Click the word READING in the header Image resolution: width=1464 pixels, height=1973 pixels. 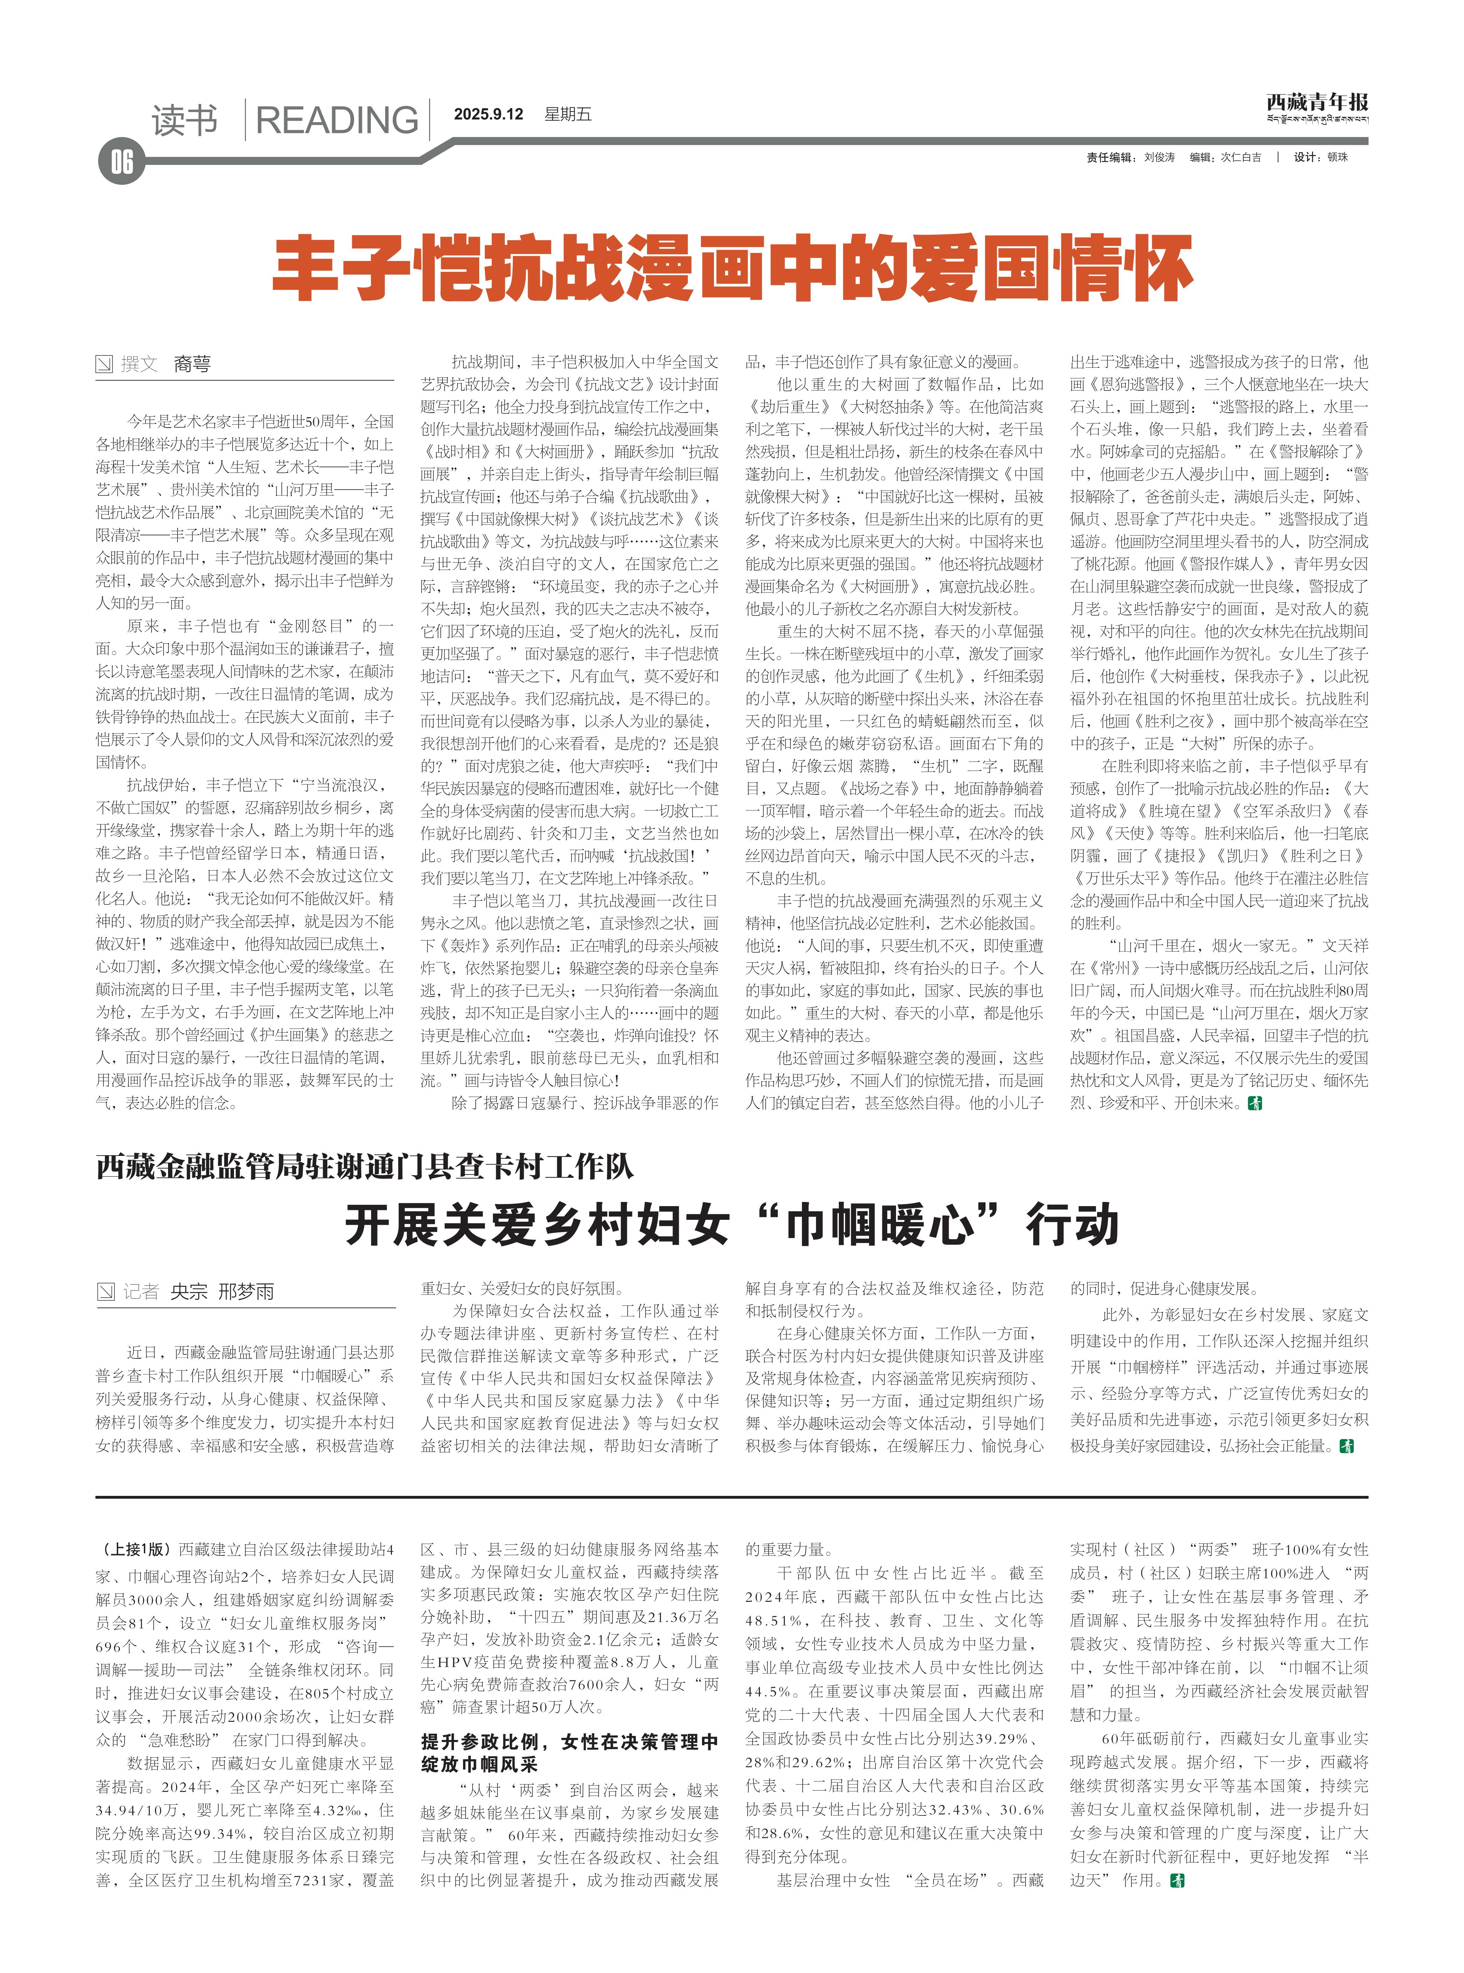(x=337, y=120)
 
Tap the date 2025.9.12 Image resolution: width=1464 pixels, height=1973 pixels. (x=488, y=114)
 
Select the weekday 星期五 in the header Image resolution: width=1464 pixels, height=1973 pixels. (x=568, y=114)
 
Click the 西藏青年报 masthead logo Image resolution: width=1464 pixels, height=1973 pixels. (x=1317, y=103)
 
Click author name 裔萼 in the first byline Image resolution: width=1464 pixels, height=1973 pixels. (x=192, y=364)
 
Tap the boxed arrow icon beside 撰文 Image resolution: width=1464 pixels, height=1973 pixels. (x=105, y=364)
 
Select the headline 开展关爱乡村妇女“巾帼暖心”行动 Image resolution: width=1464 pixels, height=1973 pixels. (x=732, y=1225)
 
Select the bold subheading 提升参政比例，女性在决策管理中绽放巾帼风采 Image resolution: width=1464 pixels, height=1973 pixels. (x=569, y=1752)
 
